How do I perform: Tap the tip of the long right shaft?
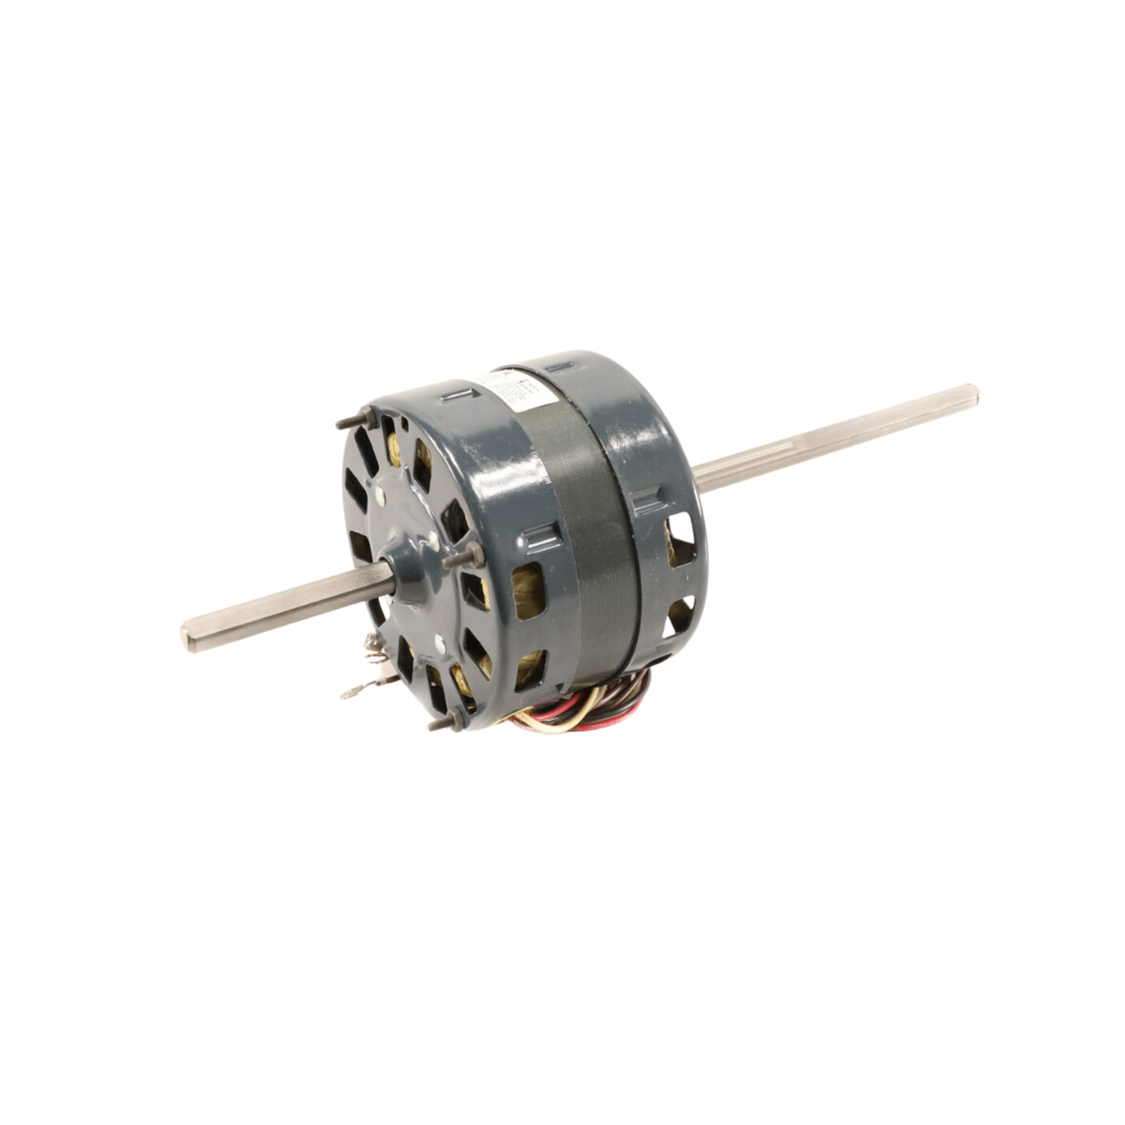[969, 394]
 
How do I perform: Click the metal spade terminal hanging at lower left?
[352, 690]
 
